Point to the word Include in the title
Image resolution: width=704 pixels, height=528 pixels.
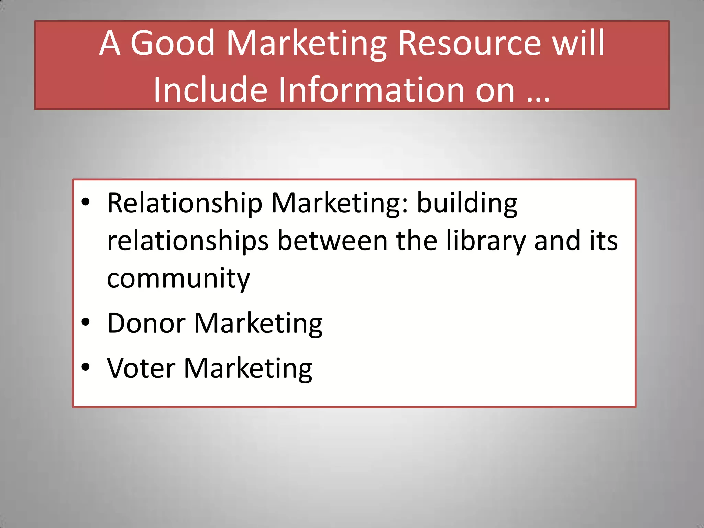point(210,90)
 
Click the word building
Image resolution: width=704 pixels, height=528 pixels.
point(467,203)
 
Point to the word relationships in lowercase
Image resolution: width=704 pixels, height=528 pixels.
point(188,241)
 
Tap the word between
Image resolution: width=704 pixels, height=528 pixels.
point(332,240)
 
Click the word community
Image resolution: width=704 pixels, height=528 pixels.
point(178,279)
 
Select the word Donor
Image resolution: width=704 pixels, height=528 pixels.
point(146,323)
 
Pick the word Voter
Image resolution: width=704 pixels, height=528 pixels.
point(141,368)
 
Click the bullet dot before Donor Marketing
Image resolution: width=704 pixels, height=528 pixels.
point(86,322)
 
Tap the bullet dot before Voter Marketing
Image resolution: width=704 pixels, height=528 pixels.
point(86,367)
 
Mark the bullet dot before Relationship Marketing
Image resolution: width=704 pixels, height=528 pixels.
point(86,202)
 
